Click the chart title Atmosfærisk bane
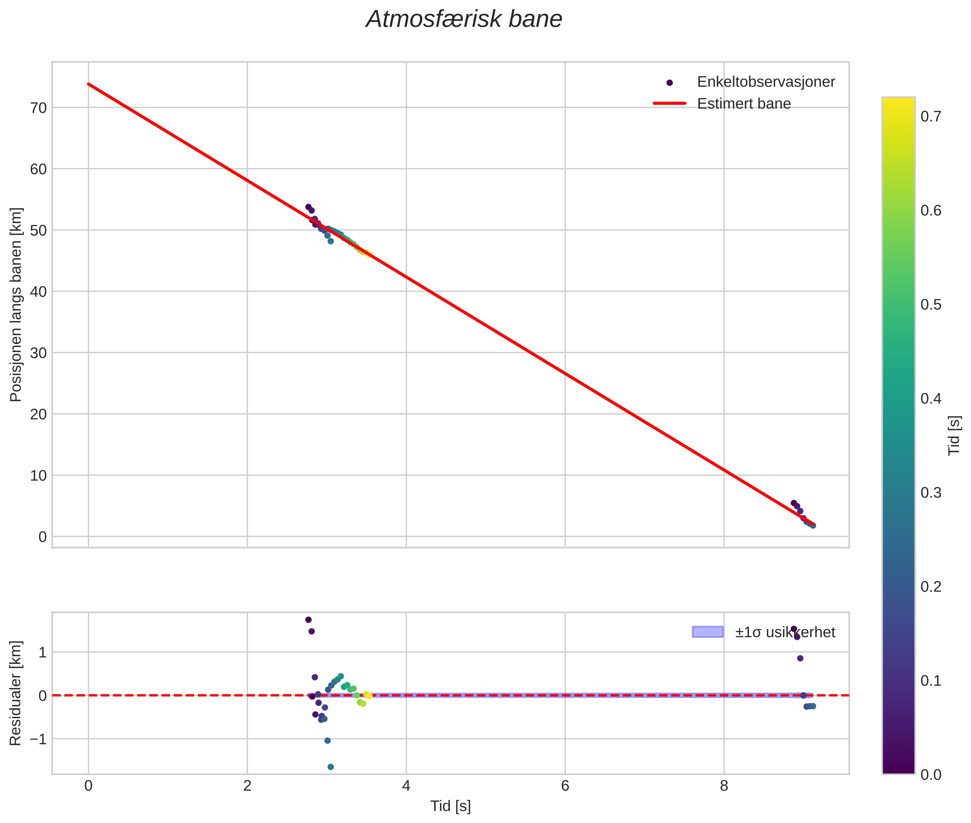pyautogui.click(x=464, y=19)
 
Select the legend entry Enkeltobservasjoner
pyautogui.click(x=765, y=82)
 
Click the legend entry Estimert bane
pyautogui.click(x=743, y=104)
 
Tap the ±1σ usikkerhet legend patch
pyautogui.click(x=708, y=632)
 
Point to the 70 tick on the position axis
pyautogui.click(x=38, y=108)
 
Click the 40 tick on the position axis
pyautogui.click(x=38, y=292)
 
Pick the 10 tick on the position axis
pyautogui.click(x=38, y=475)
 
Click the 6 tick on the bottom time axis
pyautogui.click(x=565, y=786)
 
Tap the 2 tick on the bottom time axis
pyautogui.click(x=247, y=786)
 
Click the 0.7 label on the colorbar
pyautogui.click(x=930, y=117)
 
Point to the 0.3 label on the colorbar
pyautogui.click(x=930, y=493)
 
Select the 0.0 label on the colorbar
pyautogui.click(x=930, y=775)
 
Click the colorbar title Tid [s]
pyautogui.click(x=955, y=435)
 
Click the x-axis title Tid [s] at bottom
pyautogui.click(x=450, y=806)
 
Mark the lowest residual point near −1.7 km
pyautogui.click(x=331, y=767)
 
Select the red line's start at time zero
pyautogui.click(x=88, y=84)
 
